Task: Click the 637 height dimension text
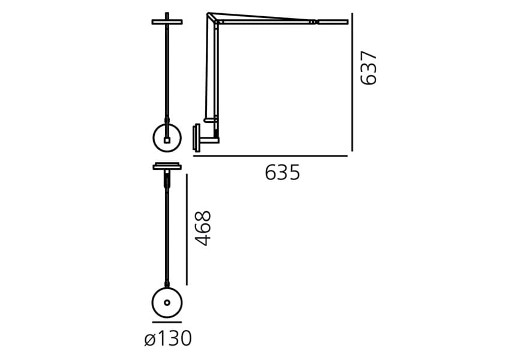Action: [369, 68]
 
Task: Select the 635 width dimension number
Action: [283, 172]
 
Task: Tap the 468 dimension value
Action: [203, 228]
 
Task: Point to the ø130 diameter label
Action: [168, 338]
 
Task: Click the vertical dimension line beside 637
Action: [352, 82]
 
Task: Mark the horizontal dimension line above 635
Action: [270, 156]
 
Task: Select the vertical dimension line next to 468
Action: [187, 230]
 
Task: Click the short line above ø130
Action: [167, 322]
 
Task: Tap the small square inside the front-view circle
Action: [167, 140]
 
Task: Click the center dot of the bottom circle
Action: [167, 303]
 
